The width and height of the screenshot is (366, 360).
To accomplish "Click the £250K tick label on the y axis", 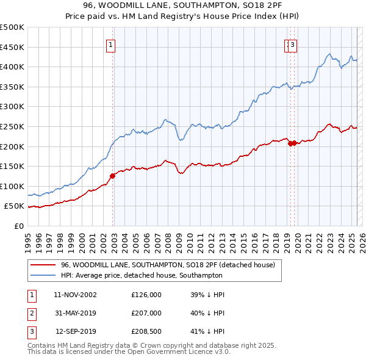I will pos(12,126).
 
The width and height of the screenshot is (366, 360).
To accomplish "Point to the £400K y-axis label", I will pos(12,67).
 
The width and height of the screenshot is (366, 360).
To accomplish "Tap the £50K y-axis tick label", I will pos(15,206).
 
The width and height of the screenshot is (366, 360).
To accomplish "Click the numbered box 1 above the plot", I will pos(110,44).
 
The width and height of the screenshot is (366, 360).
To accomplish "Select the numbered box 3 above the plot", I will pos(292,44).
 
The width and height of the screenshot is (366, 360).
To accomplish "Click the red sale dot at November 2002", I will pos(112,176).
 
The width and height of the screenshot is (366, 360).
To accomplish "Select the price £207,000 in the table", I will pos(146,314).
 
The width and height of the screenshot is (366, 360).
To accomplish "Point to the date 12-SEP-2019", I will pos(75,333).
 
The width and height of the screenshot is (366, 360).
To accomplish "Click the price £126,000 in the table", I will pos(146,294).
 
